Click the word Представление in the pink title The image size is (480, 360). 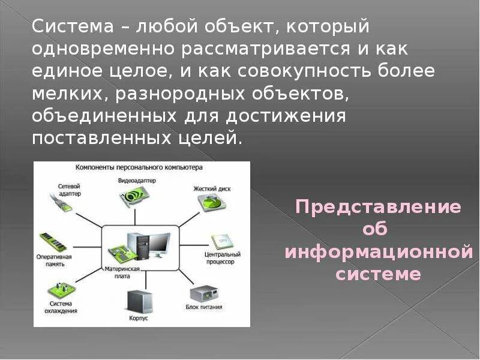pyautogui.click(x=379, y=208)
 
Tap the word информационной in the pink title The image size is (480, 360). pyautogui.click(x=379, y=252)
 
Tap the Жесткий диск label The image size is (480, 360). pyautogui.click(x=212, y=188)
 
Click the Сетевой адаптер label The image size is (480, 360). pyautogui.click(x=70, y=190)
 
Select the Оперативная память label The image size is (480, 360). pyautogui.click(x=56, y=260)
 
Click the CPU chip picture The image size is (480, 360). pyautogui.click(x=218, y=242)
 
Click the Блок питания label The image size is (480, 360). pyautogui.click(x=204, y=307)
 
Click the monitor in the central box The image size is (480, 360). pyautogui.click(x=159, y=242)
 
